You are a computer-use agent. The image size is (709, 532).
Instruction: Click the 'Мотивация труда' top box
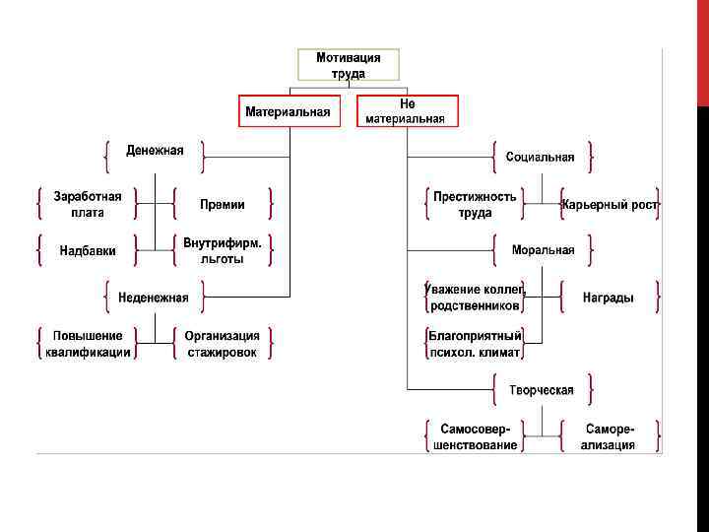[x=348, y=66]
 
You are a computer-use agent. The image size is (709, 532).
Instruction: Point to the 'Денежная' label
[x=155, y=151]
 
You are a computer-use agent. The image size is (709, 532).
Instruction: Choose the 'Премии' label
[x=223, y=205]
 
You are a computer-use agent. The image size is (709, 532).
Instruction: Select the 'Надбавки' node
[x=88, y=250]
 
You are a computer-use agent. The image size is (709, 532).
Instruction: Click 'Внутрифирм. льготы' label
[x=223, y=250]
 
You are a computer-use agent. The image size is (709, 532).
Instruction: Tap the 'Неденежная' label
[x=154, y=297]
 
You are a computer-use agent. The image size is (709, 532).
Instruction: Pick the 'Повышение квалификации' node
[x=88, y=344]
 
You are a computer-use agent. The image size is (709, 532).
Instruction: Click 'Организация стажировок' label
[x=223, y=344]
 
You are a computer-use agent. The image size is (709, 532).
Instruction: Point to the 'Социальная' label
[x=541, y=157]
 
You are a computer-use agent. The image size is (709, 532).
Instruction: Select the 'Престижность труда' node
[x=475, y=204]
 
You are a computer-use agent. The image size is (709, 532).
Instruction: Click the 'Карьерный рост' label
[x=609, y=205]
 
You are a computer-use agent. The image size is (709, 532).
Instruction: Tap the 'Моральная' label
[x=543, y=250]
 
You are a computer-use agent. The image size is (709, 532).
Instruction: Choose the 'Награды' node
[x=609, y=298]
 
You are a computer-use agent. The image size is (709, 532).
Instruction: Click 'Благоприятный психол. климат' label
[x=475, y=344]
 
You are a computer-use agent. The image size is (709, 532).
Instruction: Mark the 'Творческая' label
[x=542, y=390]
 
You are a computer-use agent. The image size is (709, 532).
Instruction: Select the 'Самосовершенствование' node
[x=475, y=437]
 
